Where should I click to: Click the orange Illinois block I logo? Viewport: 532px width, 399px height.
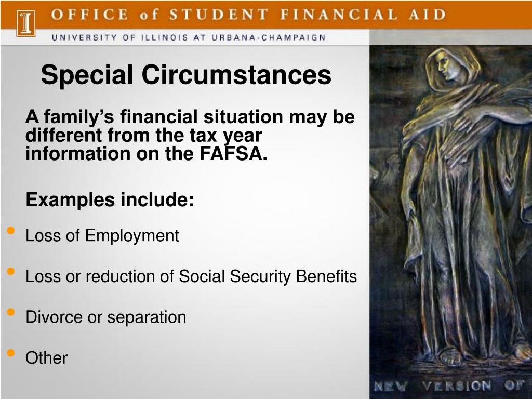click(26, 23)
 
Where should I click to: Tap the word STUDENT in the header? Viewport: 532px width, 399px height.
click(219, 15)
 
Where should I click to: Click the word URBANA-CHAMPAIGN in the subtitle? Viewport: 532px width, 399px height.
click(269, 37)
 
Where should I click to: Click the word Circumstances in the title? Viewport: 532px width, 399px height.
click(236, 75)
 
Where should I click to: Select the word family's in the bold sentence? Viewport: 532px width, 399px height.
click(79, 117)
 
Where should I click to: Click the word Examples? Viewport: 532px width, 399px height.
click(70, 200)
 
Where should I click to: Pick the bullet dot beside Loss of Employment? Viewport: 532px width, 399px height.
click(11, 231)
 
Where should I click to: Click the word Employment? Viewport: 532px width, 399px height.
click(132, 236)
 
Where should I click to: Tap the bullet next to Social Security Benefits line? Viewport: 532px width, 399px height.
click(11, 271)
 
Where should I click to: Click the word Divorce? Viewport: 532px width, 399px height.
click(54, 317)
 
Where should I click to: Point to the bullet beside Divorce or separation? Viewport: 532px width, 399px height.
click(11, 312)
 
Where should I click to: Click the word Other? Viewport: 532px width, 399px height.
click(46, 358)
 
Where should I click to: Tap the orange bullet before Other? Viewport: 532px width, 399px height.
click(11, 353)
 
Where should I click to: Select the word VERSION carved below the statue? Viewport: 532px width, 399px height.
click(456, 386)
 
